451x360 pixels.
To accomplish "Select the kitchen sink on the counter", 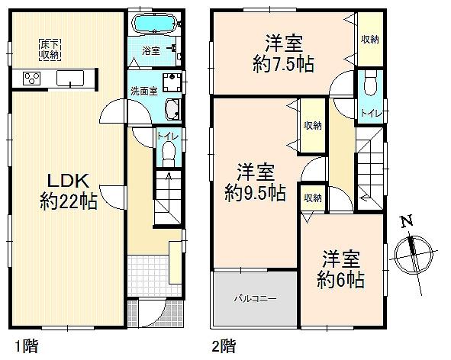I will click(70, 77).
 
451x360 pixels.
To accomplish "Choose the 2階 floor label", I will click(224, 346).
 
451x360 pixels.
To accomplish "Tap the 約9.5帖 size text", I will click(254, 193).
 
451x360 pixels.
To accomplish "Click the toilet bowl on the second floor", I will click(372, 80).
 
